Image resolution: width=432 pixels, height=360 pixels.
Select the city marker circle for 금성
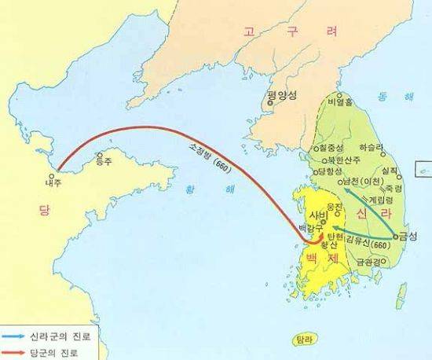coord(395,234)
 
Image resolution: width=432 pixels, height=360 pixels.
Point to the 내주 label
coord(52,182)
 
